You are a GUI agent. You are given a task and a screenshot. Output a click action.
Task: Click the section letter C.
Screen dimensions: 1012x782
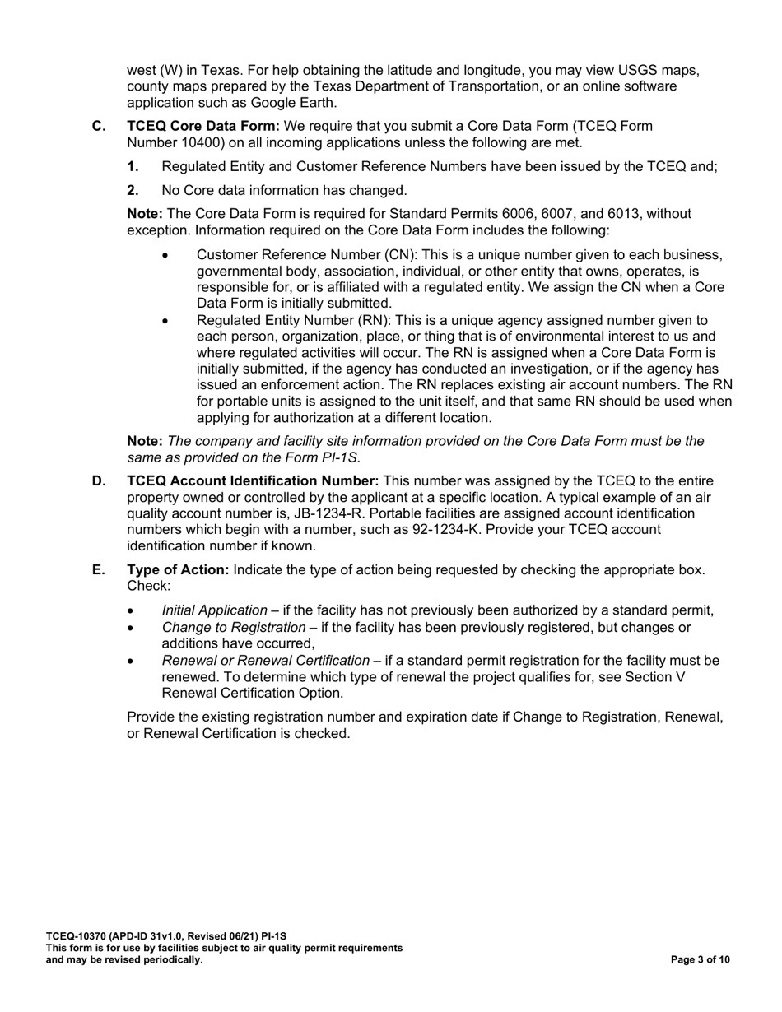tap(98, 126)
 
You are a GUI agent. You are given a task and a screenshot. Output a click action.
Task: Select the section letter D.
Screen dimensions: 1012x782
tap(98, 480)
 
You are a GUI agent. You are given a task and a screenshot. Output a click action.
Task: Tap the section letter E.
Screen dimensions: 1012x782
tap(98, 569)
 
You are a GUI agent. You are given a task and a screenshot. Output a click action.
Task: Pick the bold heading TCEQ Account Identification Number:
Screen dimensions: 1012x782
tap(253, 480)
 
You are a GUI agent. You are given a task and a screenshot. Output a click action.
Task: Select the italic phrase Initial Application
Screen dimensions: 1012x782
tap(215, 610)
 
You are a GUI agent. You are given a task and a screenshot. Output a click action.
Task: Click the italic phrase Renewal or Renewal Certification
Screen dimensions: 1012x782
tap(266, 660)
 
